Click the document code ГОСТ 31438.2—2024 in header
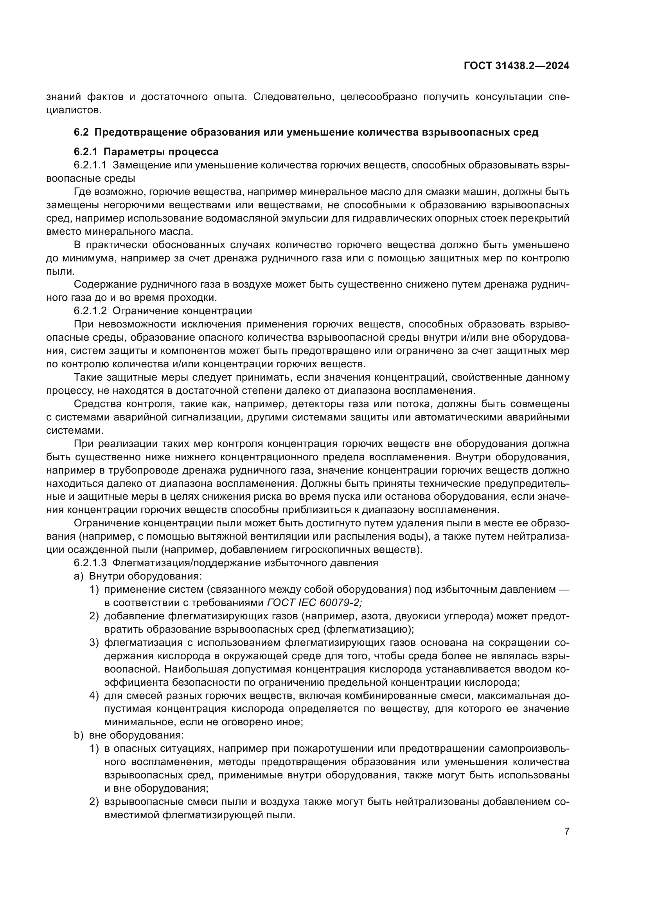coord(516,66)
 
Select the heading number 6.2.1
coord(86,152)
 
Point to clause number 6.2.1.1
coord(90,165)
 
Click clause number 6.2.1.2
coord(90,311)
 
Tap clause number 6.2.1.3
coord(90,563)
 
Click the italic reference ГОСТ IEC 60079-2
coord(314,603)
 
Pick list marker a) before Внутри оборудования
coord(78,576)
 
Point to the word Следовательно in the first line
coord(294,97)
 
